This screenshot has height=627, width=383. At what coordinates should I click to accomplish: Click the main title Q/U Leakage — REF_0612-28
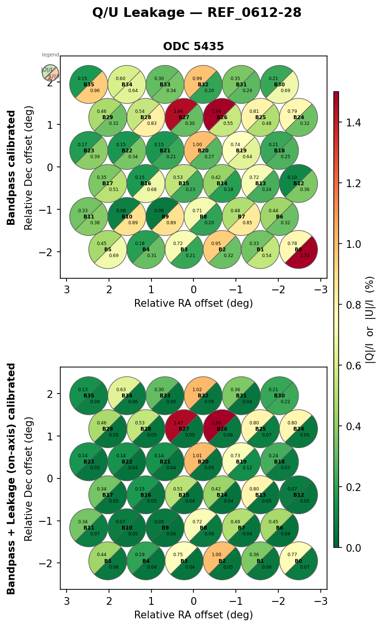197,13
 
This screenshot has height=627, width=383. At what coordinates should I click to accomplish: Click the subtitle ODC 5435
193,47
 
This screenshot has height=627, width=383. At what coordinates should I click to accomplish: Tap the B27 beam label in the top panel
184,118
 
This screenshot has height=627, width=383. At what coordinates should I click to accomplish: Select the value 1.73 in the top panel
305,255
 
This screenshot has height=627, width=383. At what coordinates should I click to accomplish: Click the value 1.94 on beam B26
216,111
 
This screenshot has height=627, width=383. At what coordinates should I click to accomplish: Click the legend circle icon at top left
50,73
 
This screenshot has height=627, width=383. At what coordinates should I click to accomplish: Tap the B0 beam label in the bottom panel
298,561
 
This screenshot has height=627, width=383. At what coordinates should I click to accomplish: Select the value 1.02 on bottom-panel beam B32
197,390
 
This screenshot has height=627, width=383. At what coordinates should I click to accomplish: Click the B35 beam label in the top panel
89,85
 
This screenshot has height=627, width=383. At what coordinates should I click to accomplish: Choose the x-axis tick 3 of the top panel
67,289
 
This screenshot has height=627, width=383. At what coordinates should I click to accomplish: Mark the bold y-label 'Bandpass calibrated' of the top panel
12,167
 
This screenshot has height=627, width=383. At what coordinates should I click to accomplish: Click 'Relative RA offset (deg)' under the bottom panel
193,615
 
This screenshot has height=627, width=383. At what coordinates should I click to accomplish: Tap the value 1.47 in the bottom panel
178,422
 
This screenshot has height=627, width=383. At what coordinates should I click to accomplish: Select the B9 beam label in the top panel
165,217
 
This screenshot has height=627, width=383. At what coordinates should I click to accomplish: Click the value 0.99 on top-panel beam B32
197,79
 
